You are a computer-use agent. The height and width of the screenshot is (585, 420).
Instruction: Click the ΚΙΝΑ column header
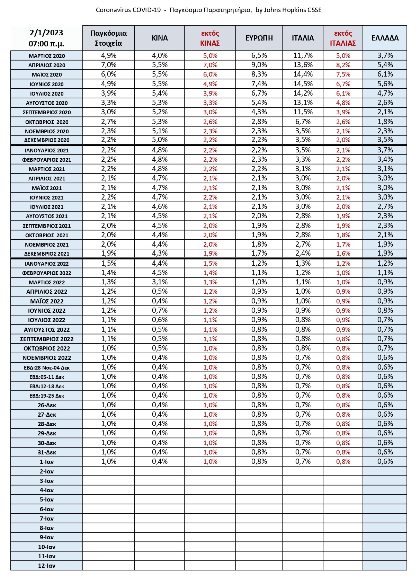[x=160, y=38]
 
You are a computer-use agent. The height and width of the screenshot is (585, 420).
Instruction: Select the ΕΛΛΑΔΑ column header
[x=385, y=38]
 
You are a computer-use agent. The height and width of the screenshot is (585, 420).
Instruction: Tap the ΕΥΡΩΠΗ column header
[x=259, y=38]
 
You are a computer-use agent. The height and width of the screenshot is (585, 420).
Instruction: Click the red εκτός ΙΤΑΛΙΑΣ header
[x=343, y=38]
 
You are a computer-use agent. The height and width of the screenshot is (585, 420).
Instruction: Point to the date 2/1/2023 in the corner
[x=46, y=33]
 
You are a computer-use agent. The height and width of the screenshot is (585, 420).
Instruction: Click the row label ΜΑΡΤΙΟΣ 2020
[x=47, y=56]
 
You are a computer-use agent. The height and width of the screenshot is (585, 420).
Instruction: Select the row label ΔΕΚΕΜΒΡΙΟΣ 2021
[x=47, y=254]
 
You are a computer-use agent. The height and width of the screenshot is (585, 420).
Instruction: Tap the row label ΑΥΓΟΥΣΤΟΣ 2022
[x=47, y=330]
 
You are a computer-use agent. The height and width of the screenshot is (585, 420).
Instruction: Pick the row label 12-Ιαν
[x=47, y=566]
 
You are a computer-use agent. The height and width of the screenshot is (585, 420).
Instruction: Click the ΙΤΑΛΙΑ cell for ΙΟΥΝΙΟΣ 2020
[x=303, y=84]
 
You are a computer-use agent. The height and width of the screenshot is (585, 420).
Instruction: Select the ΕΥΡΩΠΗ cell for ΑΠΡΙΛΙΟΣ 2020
[x=259, y=65]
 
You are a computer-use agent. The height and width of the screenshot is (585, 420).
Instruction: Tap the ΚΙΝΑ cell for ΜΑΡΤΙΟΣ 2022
[x=160, y=282]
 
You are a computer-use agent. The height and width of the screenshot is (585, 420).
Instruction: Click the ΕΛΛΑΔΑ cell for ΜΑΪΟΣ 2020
[x=385, y=74]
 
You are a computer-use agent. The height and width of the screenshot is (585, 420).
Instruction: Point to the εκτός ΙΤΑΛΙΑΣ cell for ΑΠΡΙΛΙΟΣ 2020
[x=343, y=65]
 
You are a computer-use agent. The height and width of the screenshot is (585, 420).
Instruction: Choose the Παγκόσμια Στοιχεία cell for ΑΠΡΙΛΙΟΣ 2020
[x=108, y=65]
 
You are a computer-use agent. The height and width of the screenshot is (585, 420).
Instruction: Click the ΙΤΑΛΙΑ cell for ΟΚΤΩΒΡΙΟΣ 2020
[x=303, y=122]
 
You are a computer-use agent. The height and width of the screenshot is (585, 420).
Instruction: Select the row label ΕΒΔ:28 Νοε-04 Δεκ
[x=47, y=367]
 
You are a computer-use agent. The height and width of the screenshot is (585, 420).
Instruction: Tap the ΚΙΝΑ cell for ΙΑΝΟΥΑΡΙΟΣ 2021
[x=160, y=150]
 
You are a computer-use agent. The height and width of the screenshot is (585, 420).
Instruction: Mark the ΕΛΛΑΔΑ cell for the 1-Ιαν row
[x=385, y=461]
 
